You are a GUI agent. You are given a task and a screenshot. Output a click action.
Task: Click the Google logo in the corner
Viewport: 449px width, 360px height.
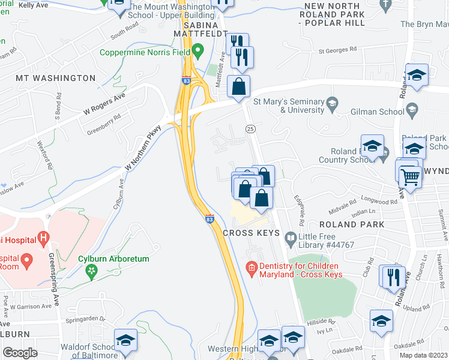point(20,352)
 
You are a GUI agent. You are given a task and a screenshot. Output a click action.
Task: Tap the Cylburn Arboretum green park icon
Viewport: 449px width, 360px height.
point(91,272)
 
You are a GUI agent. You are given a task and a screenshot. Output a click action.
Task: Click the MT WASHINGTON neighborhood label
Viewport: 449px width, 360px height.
point(56,79)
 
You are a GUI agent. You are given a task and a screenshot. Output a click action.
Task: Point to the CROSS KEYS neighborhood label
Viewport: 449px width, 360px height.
point(252,233)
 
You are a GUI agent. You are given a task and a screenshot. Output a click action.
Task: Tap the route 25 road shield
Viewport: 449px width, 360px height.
point(250,129)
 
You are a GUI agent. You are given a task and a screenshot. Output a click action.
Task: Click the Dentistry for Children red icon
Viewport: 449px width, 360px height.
point(252,268)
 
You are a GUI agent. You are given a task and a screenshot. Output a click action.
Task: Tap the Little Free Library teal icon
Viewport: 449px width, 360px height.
point(292,237)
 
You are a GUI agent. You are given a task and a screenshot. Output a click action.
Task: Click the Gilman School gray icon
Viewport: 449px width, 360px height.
point(412,109)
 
